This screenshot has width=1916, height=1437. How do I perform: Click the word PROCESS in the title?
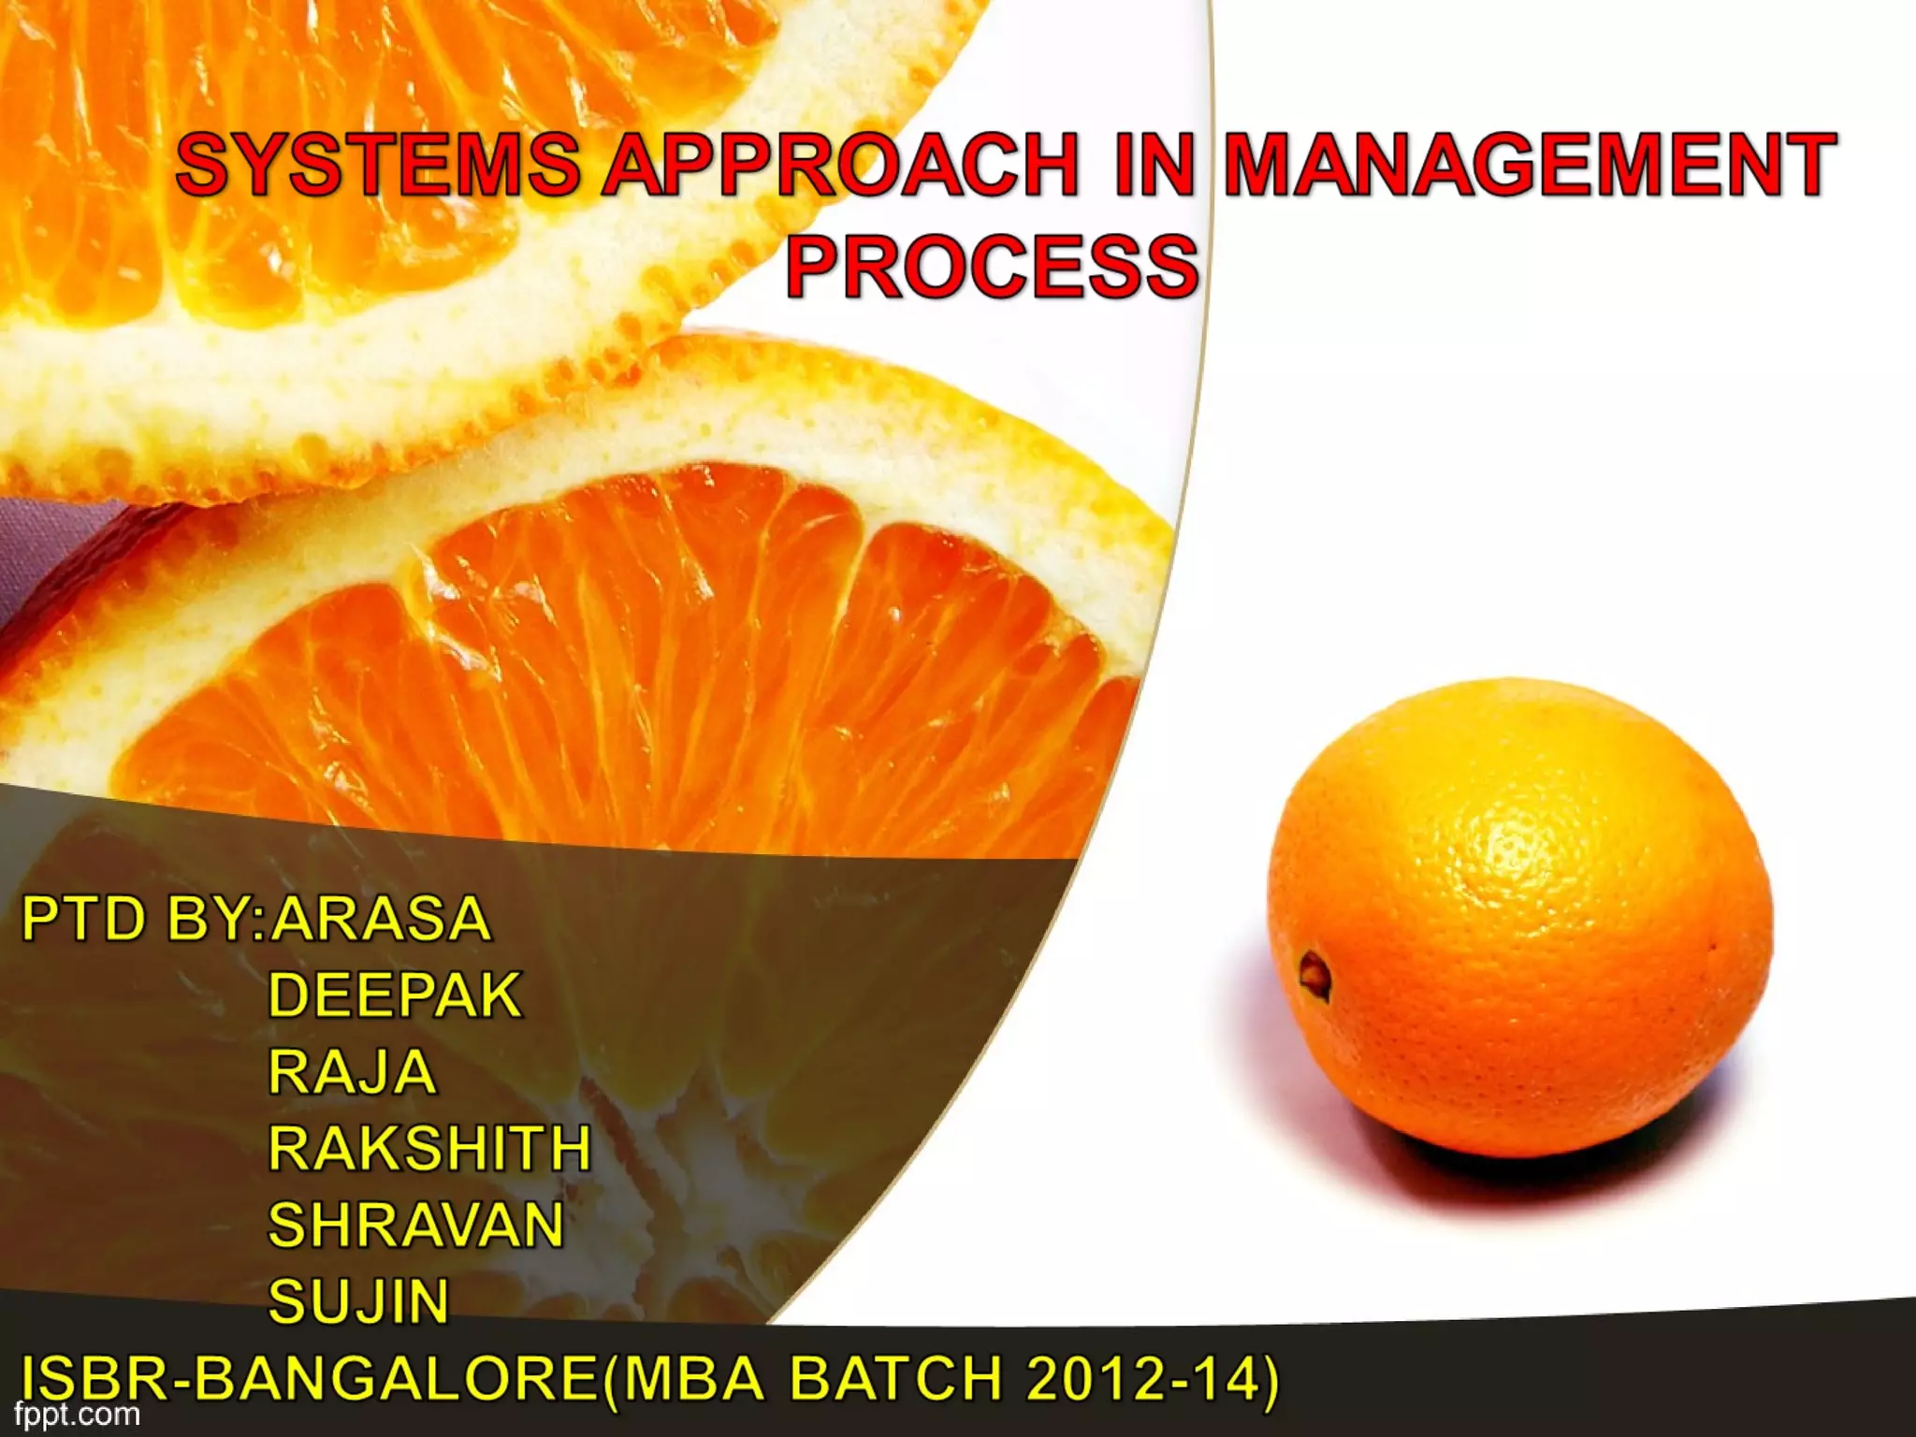pos(992,267)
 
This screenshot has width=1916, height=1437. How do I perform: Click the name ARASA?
pos(380,919)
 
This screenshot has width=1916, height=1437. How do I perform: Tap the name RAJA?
pos(353,1071)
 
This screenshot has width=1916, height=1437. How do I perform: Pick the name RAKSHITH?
pos(429,1148)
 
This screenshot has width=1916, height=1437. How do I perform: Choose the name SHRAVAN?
pos(416,1225)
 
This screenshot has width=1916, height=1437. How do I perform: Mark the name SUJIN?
pos(359,1300)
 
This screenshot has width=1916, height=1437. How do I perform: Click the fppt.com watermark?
pos(77,1414)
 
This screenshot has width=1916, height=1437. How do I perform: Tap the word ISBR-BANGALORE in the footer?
pos(309,1379)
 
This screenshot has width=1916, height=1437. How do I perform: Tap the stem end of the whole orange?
pos(1314,973)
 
